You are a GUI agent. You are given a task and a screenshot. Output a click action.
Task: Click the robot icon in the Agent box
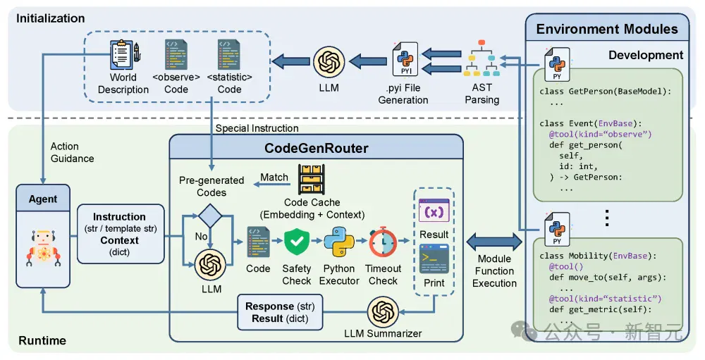pos(43,249)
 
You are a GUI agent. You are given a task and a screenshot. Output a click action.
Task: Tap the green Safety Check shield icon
pos(297,242)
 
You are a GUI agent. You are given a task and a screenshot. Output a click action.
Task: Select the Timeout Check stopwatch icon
pos(383,242)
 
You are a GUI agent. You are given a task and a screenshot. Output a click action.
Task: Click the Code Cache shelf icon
pos(311,180)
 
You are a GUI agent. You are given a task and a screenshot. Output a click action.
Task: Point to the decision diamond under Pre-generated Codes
pos(210,216)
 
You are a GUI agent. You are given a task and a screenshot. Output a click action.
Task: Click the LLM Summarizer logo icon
pos(383,312)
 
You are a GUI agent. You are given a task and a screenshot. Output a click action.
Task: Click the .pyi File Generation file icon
pos(405,59)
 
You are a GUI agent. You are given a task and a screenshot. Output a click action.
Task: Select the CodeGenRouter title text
pos(316,149)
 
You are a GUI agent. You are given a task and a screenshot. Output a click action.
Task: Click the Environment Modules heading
pos(607,29)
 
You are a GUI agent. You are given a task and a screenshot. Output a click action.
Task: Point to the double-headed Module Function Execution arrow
pos(494,242)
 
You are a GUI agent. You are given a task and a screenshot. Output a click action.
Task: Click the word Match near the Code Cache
pos(274,177)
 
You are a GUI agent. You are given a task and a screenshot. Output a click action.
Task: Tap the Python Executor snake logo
pos(339,242)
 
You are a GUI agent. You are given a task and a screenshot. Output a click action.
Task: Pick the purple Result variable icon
pos(434,211)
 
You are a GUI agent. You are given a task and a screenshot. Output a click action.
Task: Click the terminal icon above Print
pos(434,259)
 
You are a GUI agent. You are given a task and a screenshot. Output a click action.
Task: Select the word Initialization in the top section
pos(50,18)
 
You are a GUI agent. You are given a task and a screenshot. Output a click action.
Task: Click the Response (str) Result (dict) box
pos(280,312)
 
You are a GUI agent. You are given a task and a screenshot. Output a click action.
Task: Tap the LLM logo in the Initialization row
pos(329,61)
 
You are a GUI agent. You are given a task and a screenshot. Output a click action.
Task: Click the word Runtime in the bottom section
pos(42,341)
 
